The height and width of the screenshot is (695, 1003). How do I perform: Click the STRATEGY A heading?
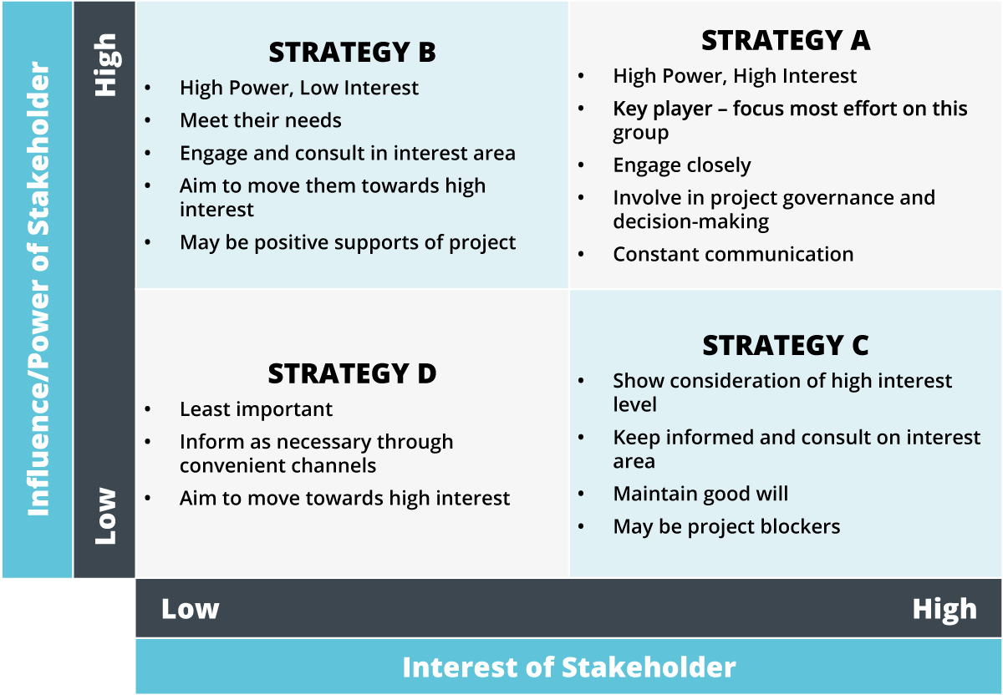786,40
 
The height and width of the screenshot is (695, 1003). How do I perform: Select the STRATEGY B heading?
352,52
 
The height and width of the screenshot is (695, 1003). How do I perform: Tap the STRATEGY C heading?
786,346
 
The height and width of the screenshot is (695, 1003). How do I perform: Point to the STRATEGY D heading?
352,373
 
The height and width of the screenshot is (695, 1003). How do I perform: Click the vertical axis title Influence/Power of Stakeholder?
38,289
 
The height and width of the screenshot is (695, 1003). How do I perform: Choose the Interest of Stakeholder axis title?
568,667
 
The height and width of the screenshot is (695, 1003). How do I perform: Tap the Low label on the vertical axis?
105,516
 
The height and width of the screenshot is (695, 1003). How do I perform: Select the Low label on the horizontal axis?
191,609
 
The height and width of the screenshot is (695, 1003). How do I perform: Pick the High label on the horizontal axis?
944,610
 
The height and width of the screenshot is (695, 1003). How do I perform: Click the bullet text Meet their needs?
261,120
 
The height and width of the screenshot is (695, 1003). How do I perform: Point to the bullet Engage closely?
681,166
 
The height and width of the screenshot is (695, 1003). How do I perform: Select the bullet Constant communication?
733,254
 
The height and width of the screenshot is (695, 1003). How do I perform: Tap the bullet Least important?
256,409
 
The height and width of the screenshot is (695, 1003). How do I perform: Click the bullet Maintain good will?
700,495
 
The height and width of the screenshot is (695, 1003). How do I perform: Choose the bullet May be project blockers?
726,527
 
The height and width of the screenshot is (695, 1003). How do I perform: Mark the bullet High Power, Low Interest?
299,88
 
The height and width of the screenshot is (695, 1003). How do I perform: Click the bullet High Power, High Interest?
735,76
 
